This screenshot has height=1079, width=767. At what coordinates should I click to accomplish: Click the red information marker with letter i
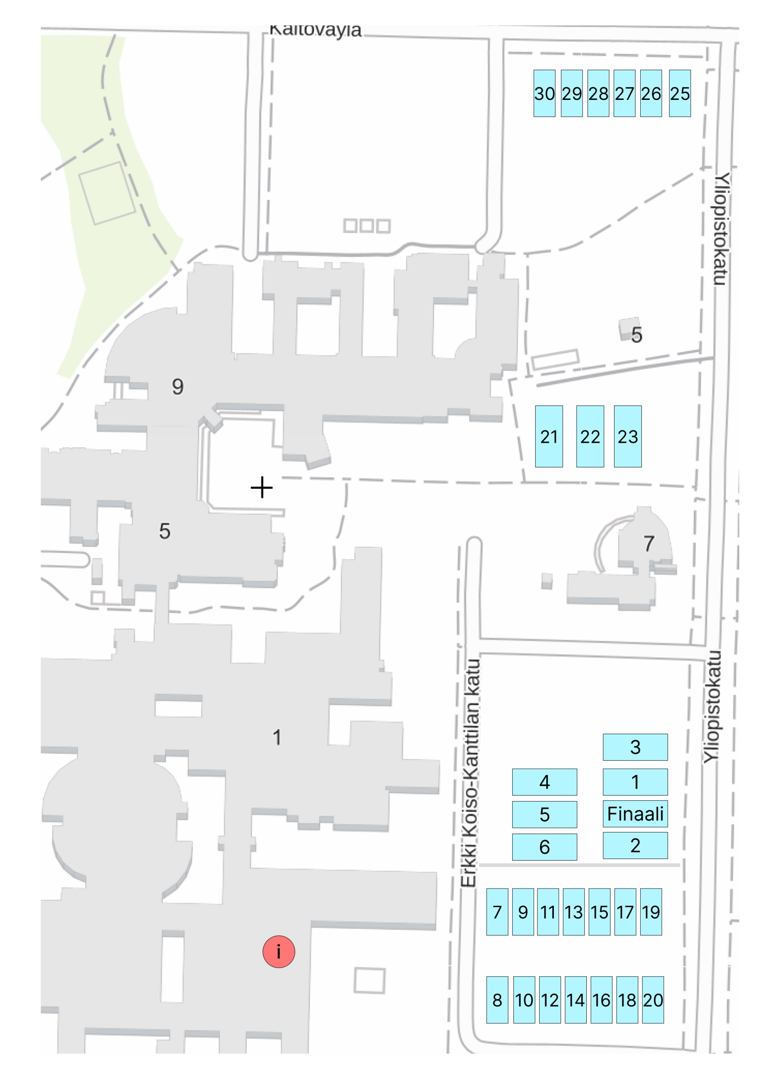279,951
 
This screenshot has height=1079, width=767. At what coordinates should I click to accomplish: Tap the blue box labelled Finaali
635,814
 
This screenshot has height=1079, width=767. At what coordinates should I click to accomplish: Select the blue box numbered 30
544,93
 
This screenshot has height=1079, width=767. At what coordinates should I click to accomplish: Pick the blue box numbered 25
680,93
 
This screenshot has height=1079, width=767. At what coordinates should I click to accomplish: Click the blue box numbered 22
590,436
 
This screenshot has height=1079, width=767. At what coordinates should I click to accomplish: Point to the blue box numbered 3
635,747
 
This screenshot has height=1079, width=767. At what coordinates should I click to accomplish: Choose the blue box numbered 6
544,847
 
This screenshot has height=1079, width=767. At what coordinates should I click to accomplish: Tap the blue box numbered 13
573,912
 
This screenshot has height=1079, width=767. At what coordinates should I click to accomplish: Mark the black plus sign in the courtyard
262,487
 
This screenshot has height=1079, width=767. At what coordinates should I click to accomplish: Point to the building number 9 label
178,387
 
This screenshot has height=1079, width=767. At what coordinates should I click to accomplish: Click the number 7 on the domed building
649,544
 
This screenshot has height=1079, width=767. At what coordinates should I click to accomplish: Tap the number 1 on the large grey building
277,737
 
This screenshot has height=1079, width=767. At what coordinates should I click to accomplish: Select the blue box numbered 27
624,93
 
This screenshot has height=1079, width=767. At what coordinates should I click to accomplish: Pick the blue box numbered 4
544,782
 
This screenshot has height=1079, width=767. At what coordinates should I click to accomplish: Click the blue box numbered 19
650,912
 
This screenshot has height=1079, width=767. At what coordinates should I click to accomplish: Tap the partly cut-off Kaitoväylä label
315,30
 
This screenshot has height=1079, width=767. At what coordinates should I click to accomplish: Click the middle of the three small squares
366,225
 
